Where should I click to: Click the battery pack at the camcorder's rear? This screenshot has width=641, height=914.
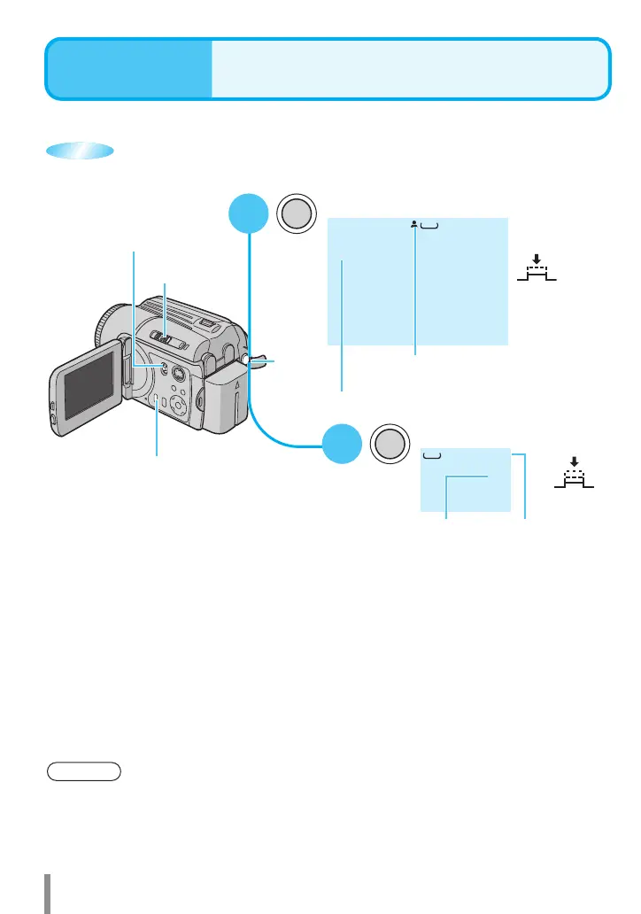tap(227, 399)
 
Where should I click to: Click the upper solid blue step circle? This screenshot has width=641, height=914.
tap(249, 217)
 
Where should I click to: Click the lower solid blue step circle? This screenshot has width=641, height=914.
tap(342, 442)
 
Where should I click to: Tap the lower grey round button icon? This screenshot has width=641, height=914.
tap(390, 442)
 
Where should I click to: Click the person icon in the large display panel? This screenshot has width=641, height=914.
tap(413, 226)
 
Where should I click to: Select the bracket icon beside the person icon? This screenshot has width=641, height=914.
tap(429, 227)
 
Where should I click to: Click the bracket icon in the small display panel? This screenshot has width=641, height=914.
tap(432, 456)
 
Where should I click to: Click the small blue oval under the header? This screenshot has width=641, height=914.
tap(80, 151)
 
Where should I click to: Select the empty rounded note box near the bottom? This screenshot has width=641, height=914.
tap(84, 770)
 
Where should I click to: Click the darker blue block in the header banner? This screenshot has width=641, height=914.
tap(129, 68)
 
